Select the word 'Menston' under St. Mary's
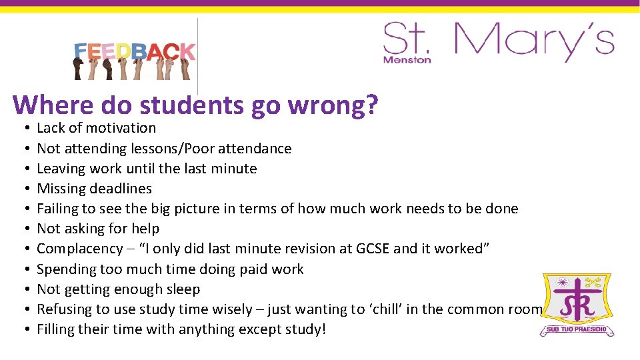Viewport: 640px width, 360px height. point(407,59)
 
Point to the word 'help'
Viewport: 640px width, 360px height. point(146,229)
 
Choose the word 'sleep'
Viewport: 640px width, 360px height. point(183,289)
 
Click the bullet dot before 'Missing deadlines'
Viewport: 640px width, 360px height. point(23,189)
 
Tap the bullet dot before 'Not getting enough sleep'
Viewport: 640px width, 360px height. point(23,289)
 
